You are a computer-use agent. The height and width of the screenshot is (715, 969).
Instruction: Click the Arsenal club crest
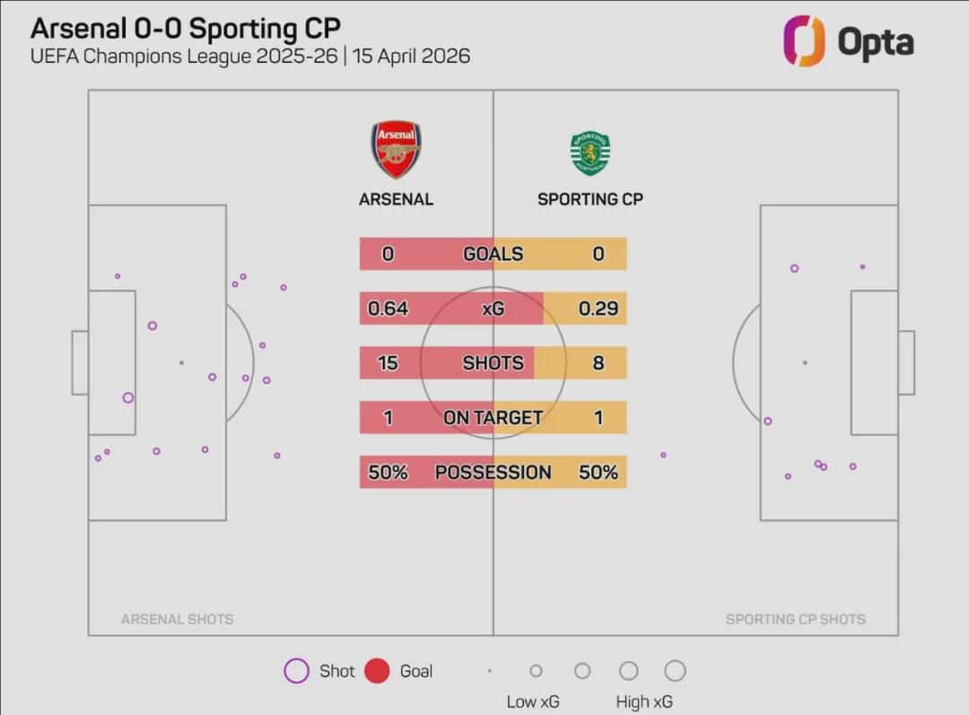coord(396,150)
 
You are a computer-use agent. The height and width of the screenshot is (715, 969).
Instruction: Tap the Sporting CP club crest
coord(589,153)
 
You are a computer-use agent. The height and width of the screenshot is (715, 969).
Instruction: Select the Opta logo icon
coord(804,40)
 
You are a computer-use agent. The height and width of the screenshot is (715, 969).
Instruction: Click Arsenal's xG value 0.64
coord(388,309)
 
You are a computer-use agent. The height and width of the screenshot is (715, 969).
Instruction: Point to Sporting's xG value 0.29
coord(598,309)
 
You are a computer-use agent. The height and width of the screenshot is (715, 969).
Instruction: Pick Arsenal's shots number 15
coord(388,363)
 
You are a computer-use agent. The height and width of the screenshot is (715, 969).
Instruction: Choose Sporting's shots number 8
coord(598,363)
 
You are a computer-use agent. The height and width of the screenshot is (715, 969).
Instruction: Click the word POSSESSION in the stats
coord(493,473)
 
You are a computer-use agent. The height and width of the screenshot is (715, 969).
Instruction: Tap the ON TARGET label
coord(493,418)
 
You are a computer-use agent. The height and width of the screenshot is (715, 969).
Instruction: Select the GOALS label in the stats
coord(493,255)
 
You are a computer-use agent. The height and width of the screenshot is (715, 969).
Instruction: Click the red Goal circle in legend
coord(377,671)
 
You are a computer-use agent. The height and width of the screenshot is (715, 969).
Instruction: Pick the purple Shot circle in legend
coord(296,671)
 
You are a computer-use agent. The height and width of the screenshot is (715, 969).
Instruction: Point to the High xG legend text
coord(644,702)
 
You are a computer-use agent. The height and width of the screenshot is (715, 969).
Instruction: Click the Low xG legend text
coord(534,702)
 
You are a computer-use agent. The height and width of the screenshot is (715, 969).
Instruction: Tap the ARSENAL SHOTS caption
coord(177,619)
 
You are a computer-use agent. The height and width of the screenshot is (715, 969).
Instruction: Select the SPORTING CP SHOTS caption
coord(795,619)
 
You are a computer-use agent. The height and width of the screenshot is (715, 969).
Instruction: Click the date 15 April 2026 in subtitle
coord(411,56)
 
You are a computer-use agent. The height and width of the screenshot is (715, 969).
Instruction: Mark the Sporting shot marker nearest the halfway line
coord(663,455)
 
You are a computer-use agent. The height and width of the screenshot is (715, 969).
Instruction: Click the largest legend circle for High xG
coord(675,671)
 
